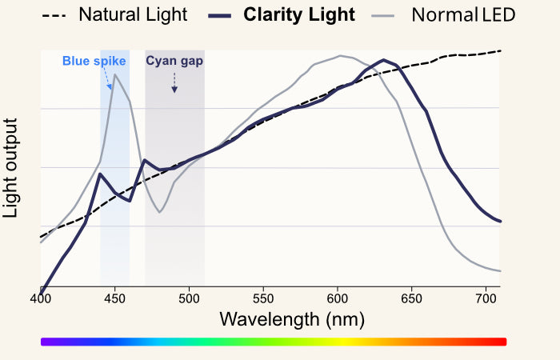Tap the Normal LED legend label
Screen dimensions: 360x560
coord(463,14)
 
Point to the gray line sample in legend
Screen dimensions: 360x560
coord(382,15)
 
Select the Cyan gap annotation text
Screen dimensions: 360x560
coord(174,61)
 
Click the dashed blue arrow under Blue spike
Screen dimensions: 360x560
coord(109,78)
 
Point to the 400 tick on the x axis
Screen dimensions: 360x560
coord(40,298)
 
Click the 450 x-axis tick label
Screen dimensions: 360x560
coord(114,298)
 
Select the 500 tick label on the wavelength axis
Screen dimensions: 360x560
coord(189,298)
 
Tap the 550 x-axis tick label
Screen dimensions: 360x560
coord(263,298)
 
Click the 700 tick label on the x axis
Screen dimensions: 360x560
coord(486,298)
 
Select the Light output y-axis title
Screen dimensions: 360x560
coord(11,167)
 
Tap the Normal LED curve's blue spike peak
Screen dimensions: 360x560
coord(116,74)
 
